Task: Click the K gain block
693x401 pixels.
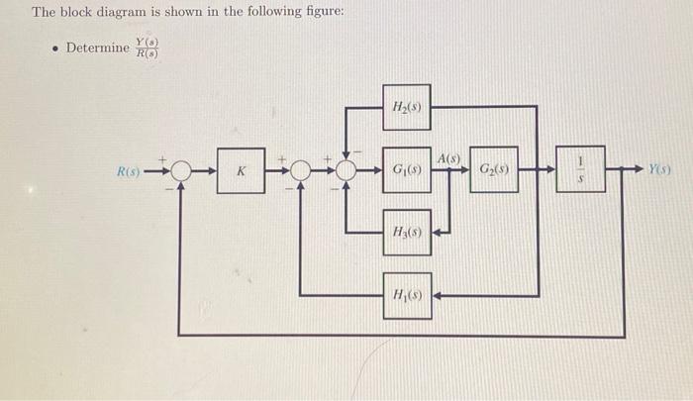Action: click(x=241, y=171)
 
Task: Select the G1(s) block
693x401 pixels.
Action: click(x=407, y=170)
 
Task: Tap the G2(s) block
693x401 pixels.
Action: click(x=492, y=170)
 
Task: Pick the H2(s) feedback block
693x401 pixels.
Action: click(x=407, y=107)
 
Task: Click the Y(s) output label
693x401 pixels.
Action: click(x=662, y=170)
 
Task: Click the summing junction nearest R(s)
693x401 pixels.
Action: click(x=180, y=171)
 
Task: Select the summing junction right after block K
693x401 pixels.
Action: click(x=301, y=171)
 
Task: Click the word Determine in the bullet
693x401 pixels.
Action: click(x=97, y=48)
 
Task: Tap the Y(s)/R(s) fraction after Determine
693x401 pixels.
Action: click(x=148, y=48)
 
